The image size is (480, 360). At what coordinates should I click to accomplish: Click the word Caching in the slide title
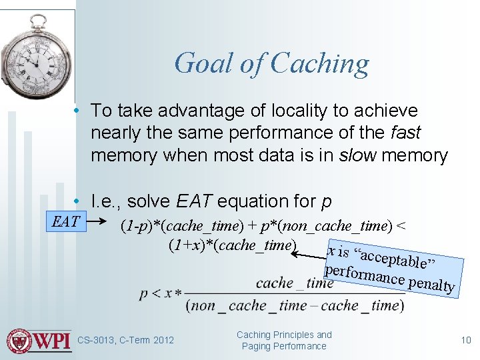[320, 64]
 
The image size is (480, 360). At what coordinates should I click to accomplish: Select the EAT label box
[65, 222]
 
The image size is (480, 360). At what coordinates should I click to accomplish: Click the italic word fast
[407, 133]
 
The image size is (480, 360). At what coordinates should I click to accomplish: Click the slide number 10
[466, 341]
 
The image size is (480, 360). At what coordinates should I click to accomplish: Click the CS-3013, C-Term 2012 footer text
[125, 341]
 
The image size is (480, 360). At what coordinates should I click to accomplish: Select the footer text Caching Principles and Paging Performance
[284, 341]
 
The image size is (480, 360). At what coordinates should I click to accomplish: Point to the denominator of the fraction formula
[294, 306]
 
